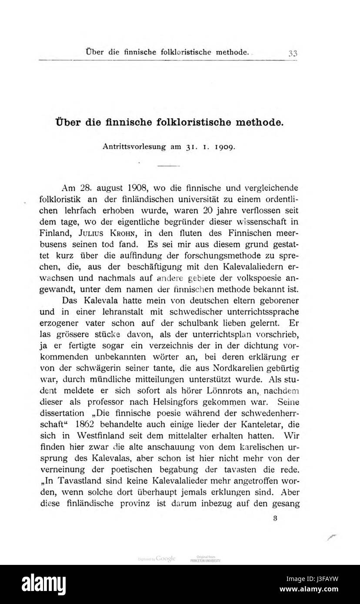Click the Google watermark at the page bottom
165,558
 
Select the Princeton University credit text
205,560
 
